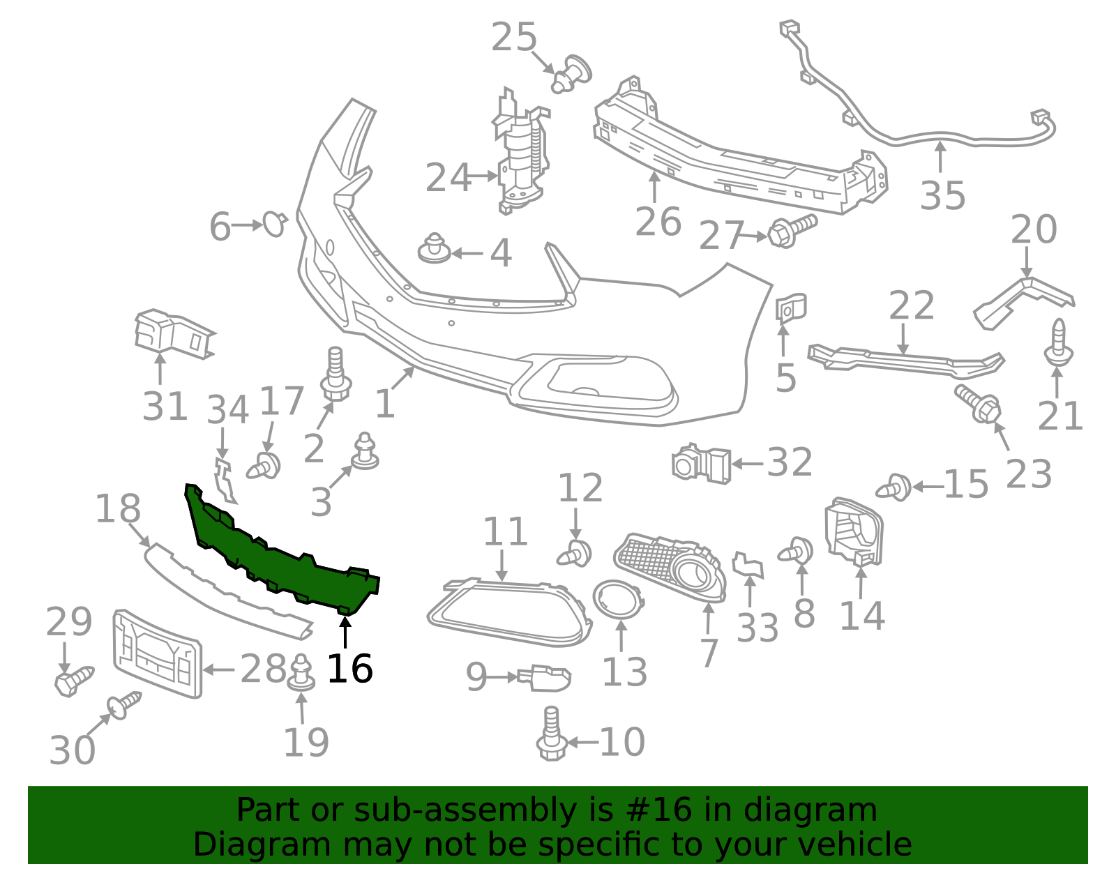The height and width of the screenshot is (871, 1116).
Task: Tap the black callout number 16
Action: [x=349, y=669]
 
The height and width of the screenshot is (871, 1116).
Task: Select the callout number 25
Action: [x=514, y=38]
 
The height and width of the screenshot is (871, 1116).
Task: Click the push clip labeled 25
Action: [x=571, y=74]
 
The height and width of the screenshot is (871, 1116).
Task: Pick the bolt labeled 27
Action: [x=792, y=231]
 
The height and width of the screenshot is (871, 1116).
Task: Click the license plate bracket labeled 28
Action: [x=156, y=653]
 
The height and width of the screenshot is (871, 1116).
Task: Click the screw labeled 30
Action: [x=123, y=706]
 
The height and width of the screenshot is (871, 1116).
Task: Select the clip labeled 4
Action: [x=435, y=250]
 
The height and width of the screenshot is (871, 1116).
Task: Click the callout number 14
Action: [x=861, y=616]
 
